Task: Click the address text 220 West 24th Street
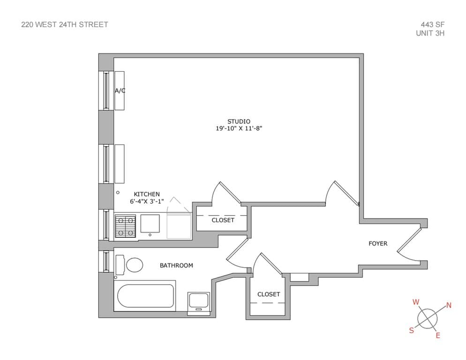(65, 24)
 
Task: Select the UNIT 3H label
(430, 33)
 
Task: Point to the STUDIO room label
(239, 121)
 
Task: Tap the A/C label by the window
(120, 90)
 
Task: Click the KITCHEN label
(147, 194)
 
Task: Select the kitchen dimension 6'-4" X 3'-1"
(147, 202)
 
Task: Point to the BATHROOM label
(176, 265)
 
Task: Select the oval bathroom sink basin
(135, 265)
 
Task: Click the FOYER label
(378, 243)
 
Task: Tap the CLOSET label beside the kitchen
(223, 220)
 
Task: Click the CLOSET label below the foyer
(269, 294)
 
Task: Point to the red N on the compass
(449, 306)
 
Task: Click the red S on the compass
(411, 330)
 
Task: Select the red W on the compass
(415, 302)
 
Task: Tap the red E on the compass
(438, 335)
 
